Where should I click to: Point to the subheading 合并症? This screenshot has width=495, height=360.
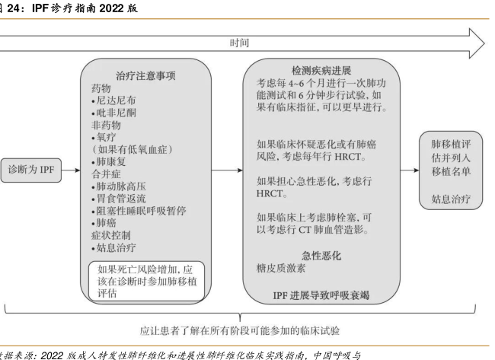tap(106, 176)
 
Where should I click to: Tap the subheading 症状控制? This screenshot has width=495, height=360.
tap(110, 239)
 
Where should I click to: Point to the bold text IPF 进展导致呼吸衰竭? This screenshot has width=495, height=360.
tap(322, 295)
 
